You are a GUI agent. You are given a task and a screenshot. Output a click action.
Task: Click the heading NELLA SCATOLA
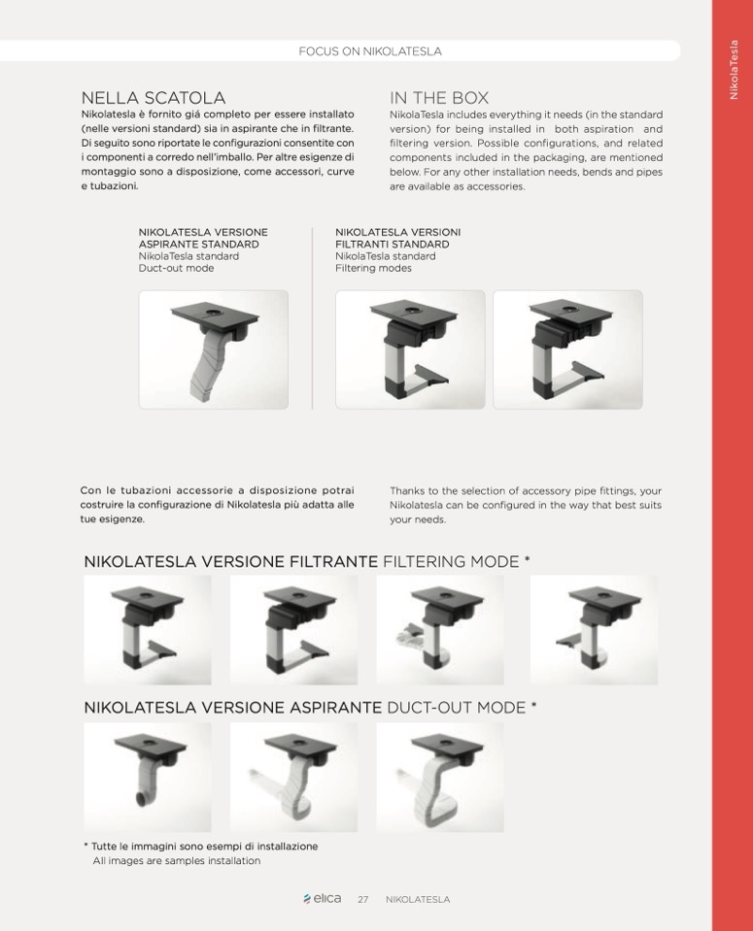point(154,97)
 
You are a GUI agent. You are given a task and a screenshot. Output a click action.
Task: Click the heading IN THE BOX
point(439,97)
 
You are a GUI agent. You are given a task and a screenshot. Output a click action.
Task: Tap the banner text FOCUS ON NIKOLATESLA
point(369,51)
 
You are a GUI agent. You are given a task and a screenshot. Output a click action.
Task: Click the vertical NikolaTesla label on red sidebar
point(734,70)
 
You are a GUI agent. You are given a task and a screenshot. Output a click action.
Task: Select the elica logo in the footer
point(323,898)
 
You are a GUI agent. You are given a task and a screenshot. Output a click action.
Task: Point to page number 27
point(362,900)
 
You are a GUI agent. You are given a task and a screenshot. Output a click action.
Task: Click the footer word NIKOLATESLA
point(417,900)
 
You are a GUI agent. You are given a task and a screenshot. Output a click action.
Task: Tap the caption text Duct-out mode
point(176,268)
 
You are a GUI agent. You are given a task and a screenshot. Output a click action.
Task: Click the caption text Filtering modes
point(373,268)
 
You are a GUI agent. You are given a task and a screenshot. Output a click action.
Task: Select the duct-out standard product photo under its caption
point(214,349)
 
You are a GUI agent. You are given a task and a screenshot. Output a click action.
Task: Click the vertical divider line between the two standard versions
point(312,318)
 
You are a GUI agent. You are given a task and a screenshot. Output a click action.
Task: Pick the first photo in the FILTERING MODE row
point(148,630)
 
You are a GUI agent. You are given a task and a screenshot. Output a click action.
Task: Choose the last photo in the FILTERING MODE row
point(595,630)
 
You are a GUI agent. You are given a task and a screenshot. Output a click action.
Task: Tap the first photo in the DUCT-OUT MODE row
point(148,778)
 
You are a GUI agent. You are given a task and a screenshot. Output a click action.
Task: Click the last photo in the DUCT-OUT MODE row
point(440,778)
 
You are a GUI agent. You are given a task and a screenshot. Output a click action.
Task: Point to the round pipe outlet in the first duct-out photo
point(143,799)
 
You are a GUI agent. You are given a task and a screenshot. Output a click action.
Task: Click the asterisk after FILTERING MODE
point(528,559)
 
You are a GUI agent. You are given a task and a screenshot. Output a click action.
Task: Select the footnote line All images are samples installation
point(177,861)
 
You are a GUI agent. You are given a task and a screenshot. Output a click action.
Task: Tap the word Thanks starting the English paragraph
point(406,491)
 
